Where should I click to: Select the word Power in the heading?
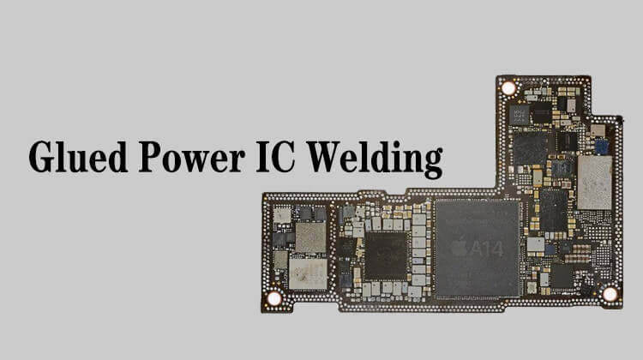[x=192, y=157]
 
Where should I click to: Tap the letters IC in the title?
[x=275, y=157]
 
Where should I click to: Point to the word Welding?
[x=375, y=159]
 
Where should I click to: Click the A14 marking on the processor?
[x=487, y=249]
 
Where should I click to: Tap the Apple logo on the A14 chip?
[x=460, y=249]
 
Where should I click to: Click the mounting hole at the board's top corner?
[x=508, y=88]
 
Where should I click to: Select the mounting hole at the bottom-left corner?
[x=274, y=298]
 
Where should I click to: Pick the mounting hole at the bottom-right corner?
[x=610, y=294]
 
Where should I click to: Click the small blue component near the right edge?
[x=602, y=147]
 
